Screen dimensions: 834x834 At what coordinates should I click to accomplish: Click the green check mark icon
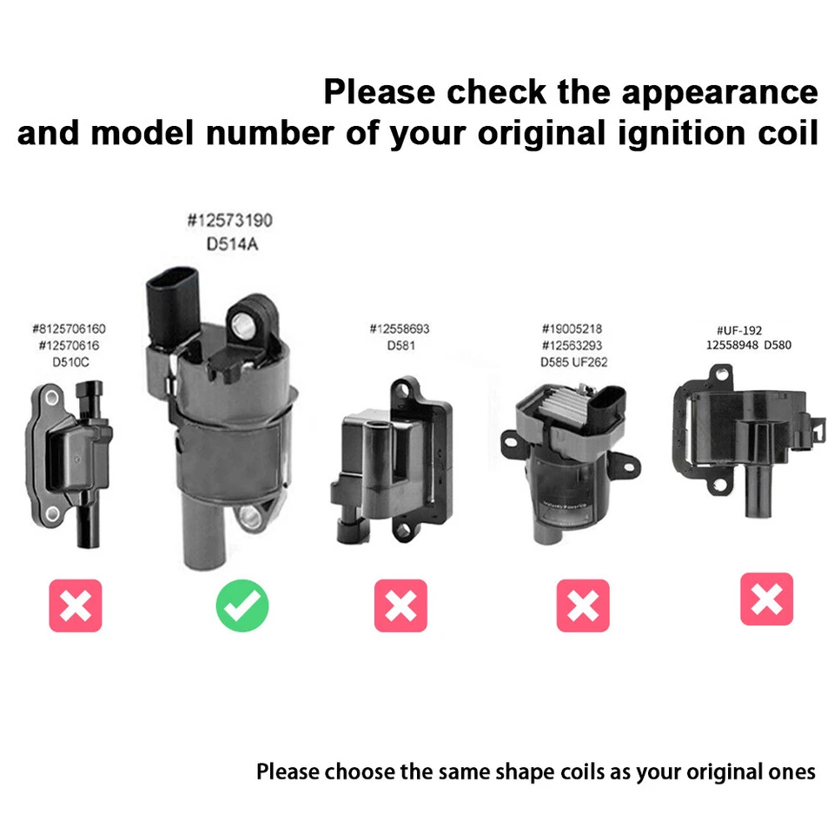[242, 606]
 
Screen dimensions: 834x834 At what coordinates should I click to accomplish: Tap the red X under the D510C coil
[76, 606]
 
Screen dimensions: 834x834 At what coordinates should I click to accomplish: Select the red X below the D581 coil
[400, 606]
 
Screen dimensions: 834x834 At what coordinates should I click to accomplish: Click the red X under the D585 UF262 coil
[583, 606]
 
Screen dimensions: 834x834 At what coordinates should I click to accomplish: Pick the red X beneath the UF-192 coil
[767, 599]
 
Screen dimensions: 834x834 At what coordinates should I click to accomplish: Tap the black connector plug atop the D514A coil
[169, 300]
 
